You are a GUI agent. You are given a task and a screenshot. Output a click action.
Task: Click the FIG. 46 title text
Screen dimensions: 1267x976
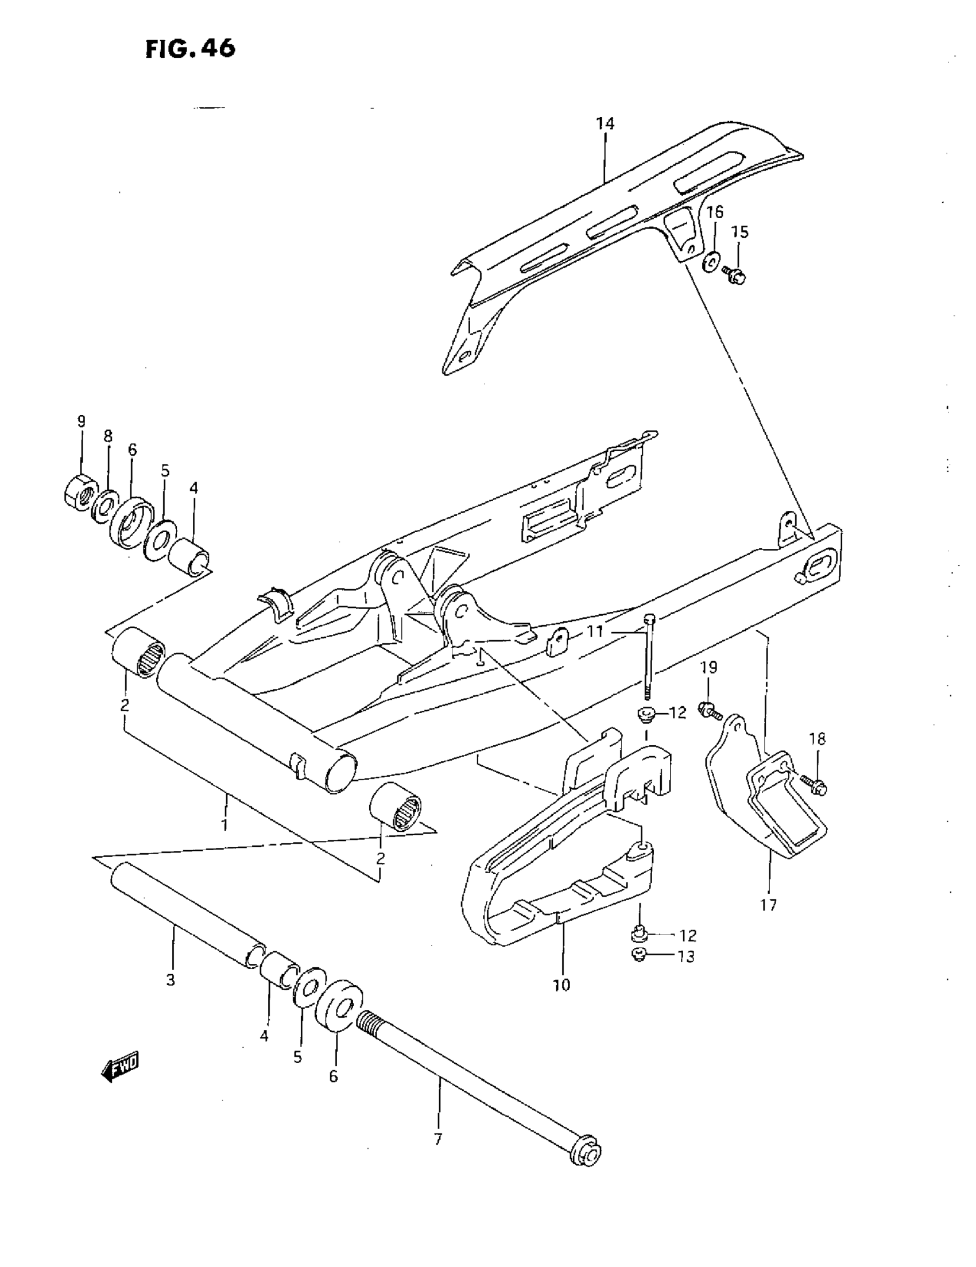click(x=191, y=49)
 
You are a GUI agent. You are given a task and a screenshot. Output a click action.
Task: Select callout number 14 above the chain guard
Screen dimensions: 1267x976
click(x=605, y=123)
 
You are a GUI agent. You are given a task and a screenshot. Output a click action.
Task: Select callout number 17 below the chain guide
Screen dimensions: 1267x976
click(x=768, y=904)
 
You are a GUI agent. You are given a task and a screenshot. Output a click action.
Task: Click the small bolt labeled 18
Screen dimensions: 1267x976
click(x=815, y=786)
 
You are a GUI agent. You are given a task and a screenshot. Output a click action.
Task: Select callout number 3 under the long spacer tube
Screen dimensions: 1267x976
click(x=170, y=980)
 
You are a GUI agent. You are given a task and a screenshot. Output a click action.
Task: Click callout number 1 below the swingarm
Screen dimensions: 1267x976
click(x=224, y=824)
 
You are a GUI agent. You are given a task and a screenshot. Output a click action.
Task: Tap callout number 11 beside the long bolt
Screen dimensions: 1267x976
click(x=595, y=630)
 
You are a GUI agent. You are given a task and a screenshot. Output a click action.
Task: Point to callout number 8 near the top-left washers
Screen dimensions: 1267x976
click(x=108, y=436)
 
